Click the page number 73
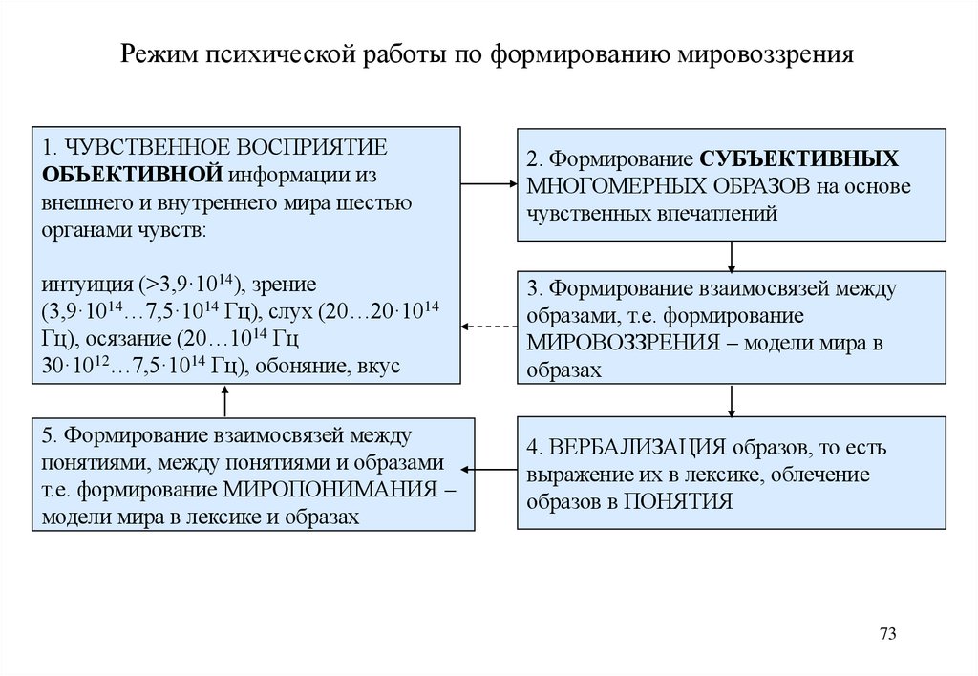[x=888, y=635]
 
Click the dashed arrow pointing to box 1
[x=490, y=327]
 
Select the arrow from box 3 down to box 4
[x=731, y=399]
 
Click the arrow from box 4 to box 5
[x=495, y=469]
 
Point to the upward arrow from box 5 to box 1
[x=226, y=401]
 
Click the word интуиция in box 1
[x=87, y=284]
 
